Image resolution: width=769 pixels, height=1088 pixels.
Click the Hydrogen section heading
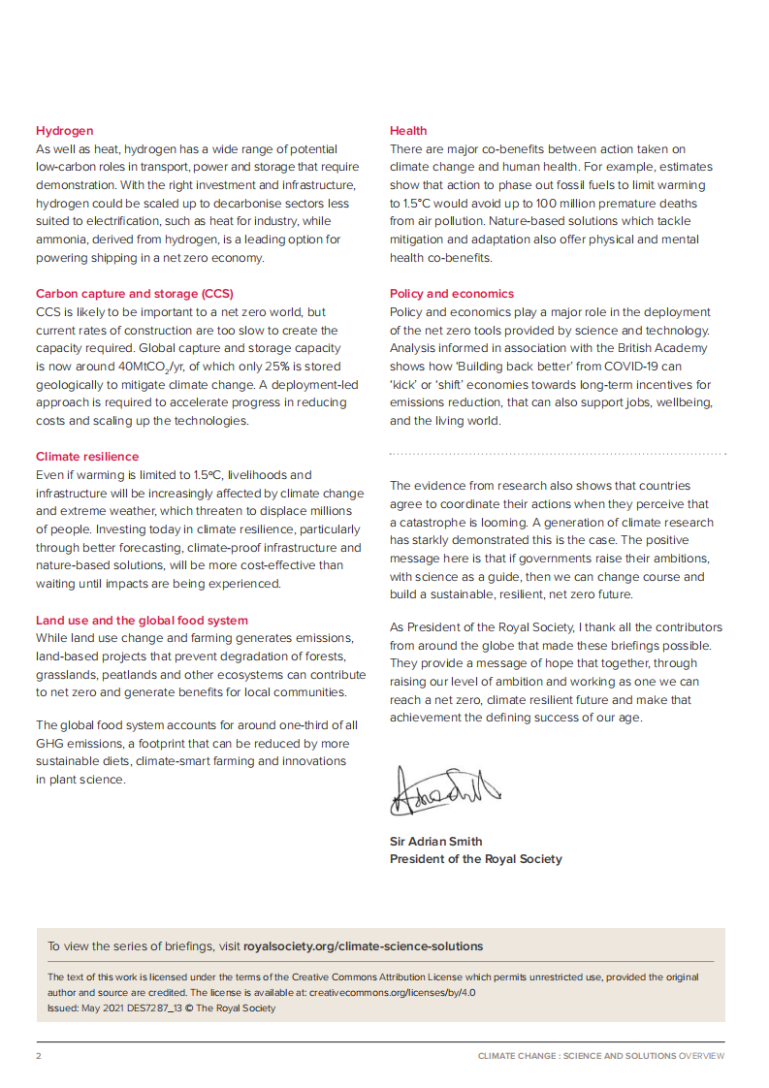[65, 131]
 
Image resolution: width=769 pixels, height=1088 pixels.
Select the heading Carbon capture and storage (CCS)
[135, 294]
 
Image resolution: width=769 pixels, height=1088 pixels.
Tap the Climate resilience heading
[87, 457]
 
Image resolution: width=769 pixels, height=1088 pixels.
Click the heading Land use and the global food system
[142, 621]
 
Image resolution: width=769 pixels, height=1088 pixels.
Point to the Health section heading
[408, 131]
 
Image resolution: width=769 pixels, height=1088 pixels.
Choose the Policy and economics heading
[452, 294]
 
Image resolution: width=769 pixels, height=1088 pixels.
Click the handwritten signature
[444, 789]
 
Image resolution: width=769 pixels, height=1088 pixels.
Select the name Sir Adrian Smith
[435, 842]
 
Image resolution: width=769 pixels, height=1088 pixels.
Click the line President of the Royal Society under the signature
[475, 859]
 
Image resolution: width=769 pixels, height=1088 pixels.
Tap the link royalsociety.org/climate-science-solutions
[363, 946]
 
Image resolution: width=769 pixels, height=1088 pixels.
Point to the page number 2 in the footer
[39, 1056]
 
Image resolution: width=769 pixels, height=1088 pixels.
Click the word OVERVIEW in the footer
[701, 1056]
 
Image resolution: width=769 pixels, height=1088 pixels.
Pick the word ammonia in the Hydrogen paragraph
[60, 240]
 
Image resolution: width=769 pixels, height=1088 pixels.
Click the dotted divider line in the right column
[558, 453]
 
